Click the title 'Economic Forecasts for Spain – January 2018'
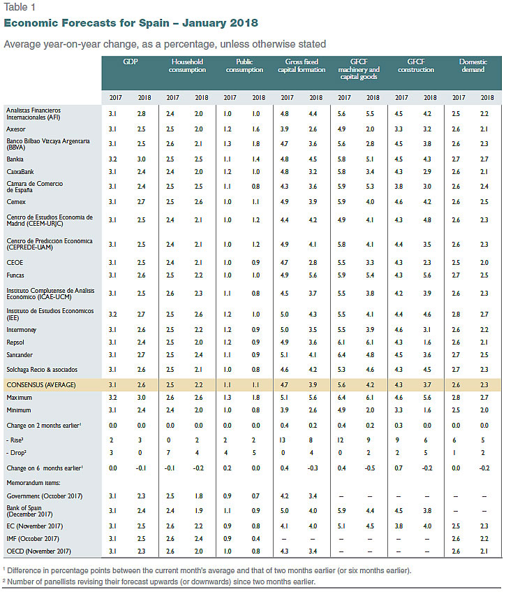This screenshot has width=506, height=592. (131, 23)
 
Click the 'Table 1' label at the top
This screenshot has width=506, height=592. (20, 7)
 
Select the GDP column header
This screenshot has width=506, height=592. (130, 62)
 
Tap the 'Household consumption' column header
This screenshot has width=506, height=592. (187, 65)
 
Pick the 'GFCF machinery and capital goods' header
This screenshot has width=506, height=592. (359, 69)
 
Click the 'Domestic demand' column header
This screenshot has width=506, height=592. (473, 65)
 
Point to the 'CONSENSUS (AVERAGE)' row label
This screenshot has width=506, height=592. (41, 384)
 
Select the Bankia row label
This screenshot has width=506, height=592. (15, 159)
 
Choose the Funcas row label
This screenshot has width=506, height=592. (15, 275)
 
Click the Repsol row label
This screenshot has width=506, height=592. (15, 342)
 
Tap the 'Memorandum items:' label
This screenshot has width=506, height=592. (34, 483)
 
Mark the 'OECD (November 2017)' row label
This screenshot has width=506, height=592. (39, 551)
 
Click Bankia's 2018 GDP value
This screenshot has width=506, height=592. (142, 159)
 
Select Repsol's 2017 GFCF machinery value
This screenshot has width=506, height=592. (341, 342)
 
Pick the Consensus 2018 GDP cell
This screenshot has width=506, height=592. (142, 384)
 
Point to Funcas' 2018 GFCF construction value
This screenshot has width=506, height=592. (427, 275)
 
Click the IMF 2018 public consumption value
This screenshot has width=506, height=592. (255, 539)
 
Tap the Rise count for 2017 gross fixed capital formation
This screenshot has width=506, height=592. (283, 440)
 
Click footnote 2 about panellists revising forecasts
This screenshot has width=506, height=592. (159, 582)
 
